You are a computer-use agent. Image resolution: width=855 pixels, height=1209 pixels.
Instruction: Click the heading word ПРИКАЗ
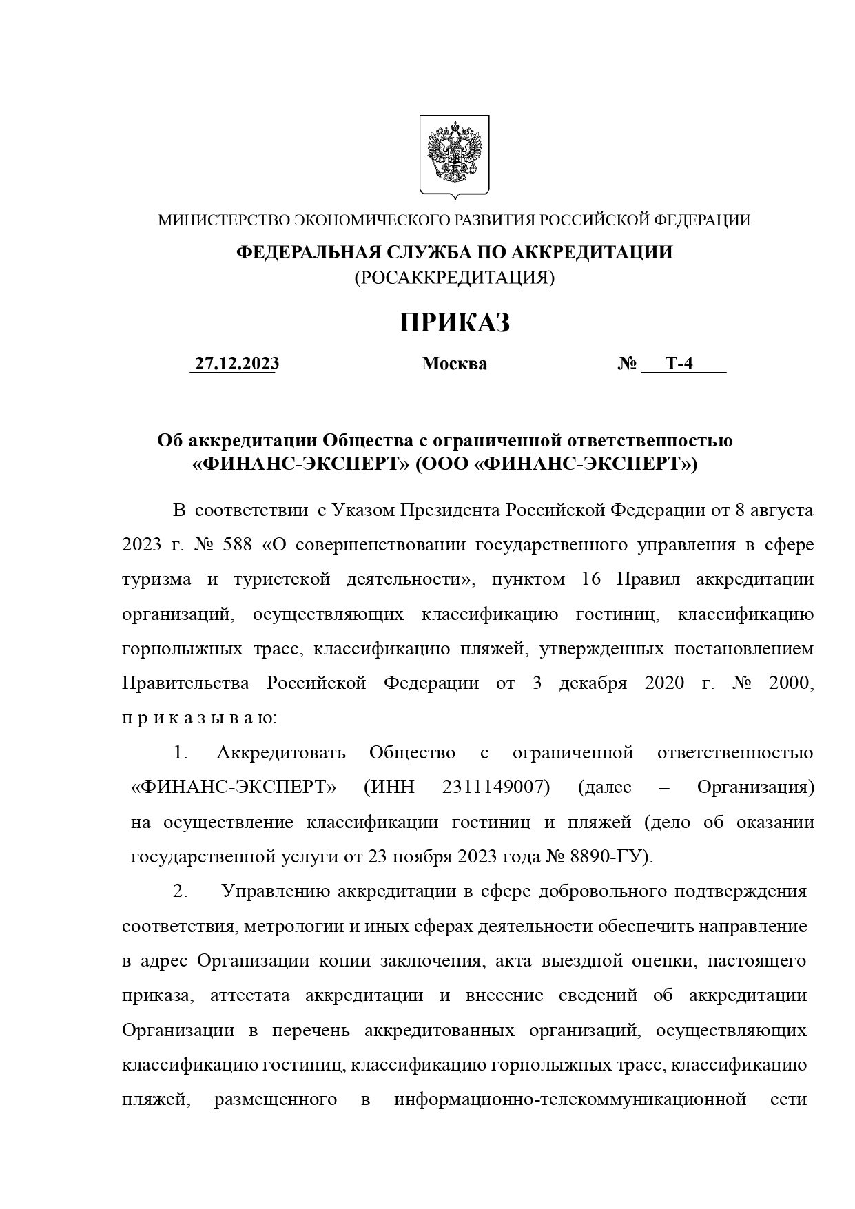454,322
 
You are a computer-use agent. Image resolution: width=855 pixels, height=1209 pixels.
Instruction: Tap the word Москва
454,364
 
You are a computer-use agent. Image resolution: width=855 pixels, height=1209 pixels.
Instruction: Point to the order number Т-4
679,364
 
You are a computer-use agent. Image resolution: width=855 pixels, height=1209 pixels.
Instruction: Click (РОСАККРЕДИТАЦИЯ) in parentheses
454,278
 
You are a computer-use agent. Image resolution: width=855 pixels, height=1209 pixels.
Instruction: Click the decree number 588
238,545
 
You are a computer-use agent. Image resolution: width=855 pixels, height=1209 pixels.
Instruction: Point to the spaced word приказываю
199,719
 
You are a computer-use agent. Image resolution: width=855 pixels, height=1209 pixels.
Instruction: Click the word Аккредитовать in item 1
280,752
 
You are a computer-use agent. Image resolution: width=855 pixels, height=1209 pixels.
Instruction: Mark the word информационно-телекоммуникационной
570,1099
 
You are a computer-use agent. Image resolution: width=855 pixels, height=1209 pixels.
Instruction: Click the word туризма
157,579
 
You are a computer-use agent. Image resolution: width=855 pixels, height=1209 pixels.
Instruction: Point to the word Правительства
185,683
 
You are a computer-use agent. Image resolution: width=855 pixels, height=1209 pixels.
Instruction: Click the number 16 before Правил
591,579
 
